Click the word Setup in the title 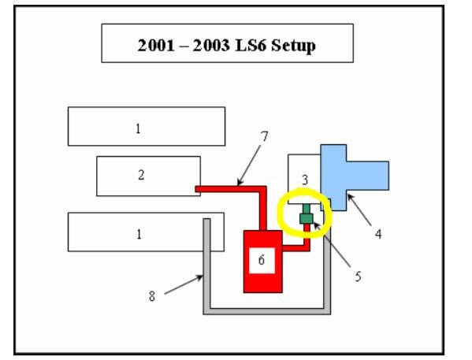pyautogui.click(x=293, y=46)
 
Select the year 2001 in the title pyautogui.click(x=156, y=46)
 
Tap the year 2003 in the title pyautogui.click(x=211, y=46)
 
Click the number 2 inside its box pyautogui.click(x=141, y=175)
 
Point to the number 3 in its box pyautogui.click(x=305, y=180)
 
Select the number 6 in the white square pyautogui.click(x=262, y=260)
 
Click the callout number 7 pyautogui.click(x=264, y=136)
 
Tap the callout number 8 pyautogui.click(x=152, y=296)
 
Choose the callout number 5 pyautogui.click(x=358, y=276)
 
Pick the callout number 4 pyautogui.click(x=378, y=234)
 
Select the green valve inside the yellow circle pyautogui.click(x=307, y=214)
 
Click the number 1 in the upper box pyautogui.click(x=138, y=129)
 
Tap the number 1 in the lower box pyautogui.click(x=139, y=234)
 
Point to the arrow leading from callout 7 pyautogui.click(x=249, y=165)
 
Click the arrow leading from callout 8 pyautogui.click(x=184, y=284)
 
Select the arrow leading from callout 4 pyautogui.click(x=359, y=210)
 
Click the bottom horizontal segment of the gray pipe pyautogui.click(x=267, y=311)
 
